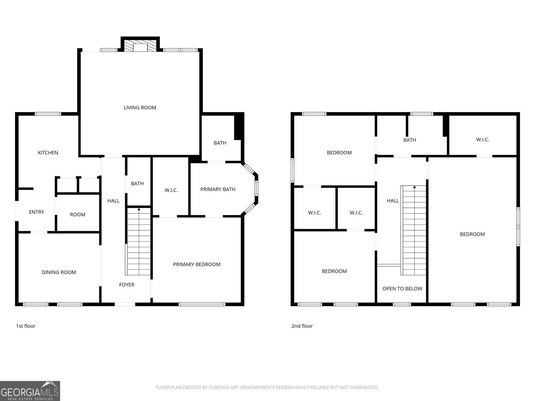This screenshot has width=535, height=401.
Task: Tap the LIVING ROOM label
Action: coord(140,108)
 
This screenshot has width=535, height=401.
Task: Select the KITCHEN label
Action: coord(48,153)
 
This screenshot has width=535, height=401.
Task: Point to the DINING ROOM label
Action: coord(59,272)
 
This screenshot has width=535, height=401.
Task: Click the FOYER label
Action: coord(127,285)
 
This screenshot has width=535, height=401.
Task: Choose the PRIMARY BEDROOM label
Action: coord(197,264)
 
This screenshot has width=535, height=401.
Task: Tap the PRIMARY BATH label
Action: coord(218,189)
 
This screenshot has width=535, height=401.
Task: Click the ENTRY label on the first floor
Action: coord(36,212)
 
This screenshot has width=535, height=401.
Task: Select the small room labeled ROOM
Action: coord(78,215)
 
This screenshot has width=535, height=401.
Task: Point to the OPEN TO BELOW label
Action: coord(402,288)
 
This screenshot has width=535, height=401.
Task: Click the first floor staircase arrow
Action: coord(139,209)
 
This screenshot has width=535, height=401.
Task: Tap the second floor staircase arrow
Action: coord(415,187)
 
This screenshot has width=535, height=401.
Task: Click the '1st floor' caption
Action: coord(26,326)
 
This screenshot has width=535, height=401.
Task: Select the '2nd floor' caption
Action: coord(302,326)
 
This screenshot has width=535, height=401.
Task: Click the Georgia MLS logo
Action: coord(30,391)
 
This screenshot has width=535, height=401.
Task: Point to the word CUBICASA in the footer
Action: coord(219,387)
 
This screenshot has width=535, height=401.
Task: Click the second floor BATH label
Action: coord(410,140)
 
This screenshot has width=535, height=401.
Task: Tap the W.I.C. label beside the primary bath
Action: coord(171,190)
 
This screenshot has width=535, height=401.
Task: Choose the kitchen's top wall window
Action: coord(48,114)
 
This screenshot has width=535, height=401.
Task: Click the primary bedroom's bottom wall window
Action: coord(202,304)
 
